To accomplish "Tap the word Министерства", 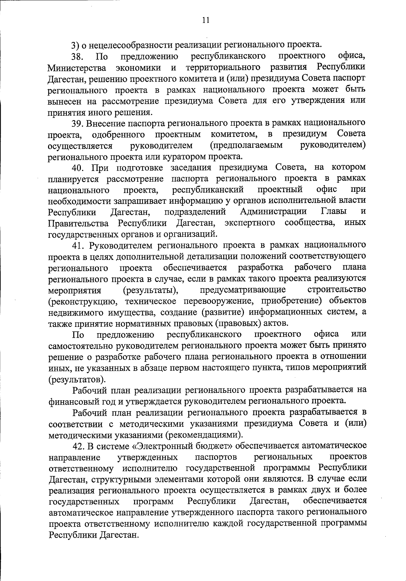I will (77, 68).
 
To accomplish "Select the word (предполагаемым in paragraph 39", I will (246, 146).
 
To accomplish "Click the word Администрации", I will (273, 212).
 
